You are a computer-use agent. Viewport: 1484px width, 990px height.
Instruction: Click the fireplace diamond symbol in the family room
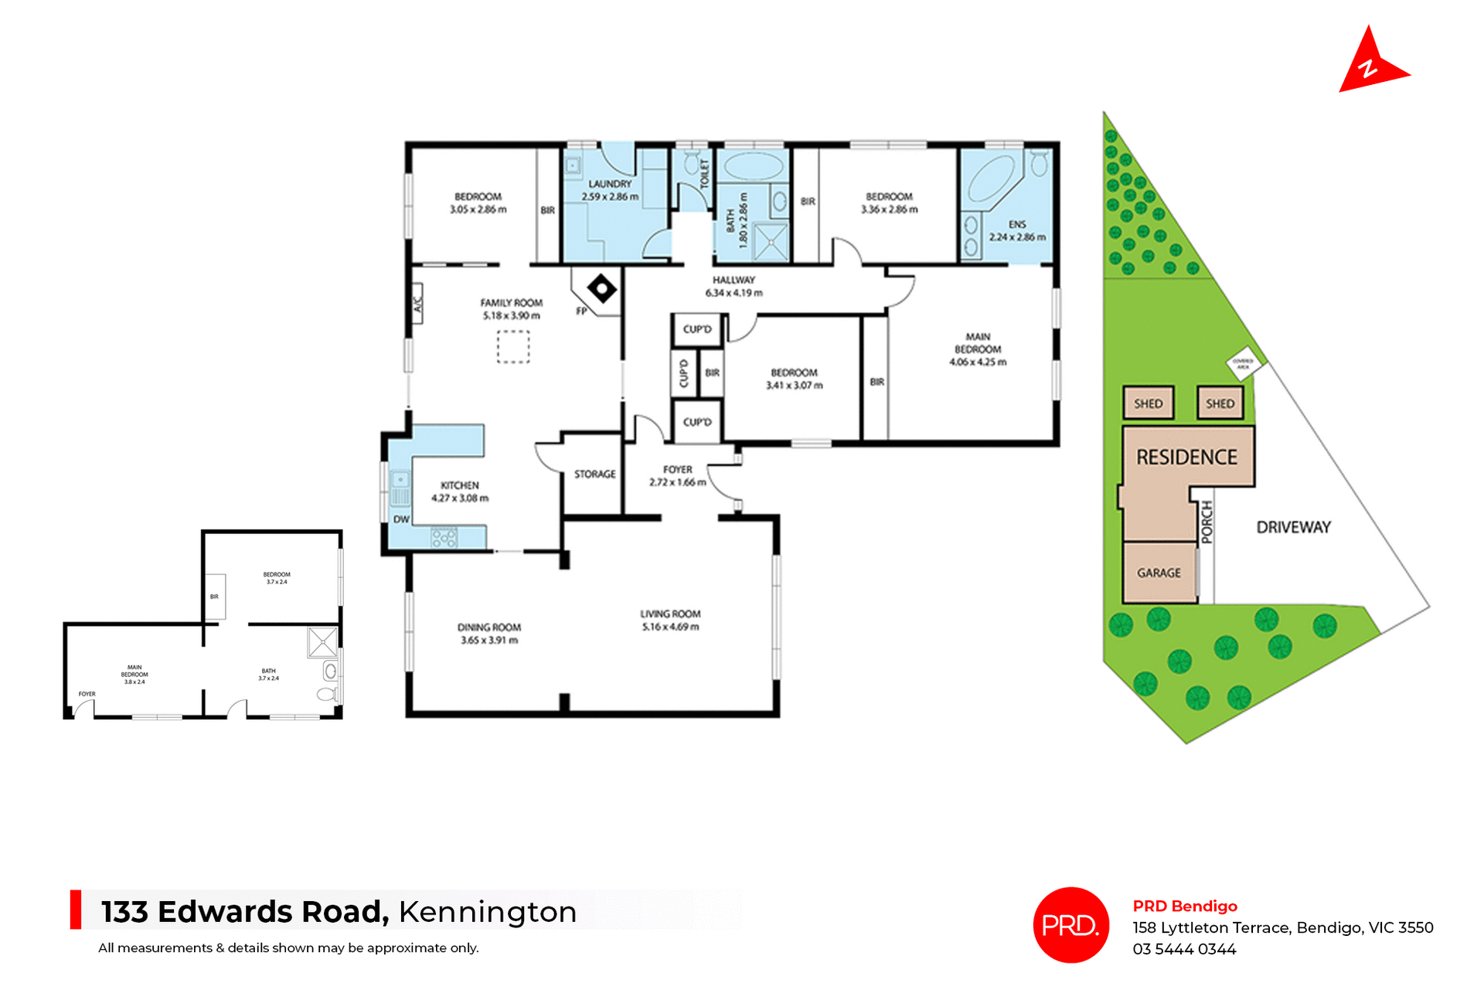coord(601,290)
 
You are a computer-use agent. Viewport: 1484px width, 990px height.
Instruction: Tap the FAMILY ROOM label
coord(511,303)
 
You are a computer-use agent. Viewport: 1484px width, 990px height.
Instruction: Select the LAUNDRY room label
coord(610,184)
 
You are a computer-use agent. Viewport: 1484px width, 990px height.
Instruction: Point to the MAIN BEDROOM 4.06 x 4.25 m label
coord(978,349)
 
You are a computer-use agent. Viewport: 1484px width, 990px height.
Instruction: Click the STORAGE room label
coord(594,474)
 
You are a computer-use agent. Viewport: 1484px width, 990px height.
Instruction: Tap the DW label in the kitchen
coord(401,519)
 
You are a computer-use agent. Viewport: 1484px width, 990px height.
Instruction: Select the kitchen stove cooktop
coord(444,537)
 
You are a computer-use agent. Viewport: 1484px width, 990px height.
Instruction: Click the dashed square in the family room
coord(512,346)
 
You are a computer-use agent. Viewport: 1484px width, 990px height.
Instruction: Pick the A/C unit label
coord(417,304)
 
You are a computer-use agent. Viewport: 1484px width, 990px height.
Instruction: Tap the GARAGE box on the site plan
coord(1159,573)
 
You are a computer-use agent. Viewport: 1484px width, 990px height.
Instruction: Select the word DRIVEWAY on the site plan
coord(1293,527)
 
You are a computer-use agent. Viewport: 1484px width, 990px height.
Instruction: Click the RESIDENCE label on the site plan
coord(1186,458)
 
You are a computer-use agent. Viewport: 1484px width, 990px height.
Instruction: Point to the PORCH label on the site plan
coord(1207,522)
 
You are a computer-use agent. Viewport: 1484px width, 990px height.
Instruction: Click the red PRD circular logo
coord(1070,924)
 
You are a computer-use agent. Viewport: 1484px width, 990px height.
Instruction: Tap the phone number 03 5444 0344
coord(1184,949)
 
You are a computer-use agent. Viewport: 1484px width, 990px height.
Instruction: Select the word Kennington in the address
coord(488,912)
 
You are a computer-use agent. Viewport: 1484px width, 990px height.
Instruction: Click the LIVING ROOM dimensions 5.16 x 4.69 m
coord(670,627)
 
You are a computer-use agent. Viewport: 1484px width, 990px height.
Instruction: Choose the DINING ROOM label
coord(489,628)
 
